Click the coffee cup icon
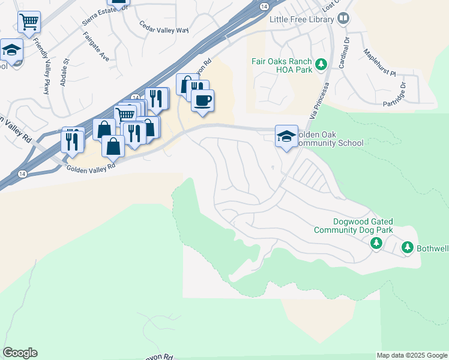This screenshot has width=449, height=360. tap(203, 100)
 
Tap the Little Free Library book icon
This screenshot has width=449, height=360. tap(343, 19)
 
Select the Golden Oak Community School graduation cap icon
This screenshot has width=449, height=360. tap(286, 136)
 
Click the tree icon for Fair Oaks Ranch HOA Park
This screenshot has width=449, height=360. tap(321, 63)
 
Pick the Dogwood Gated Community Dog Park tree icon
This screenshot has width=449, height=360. tap(376, 243)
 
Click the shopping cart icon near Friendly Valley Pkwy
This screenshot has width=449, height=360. tap(29, 22)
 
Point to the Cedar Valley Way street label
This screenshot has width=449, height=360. tap(163, 27)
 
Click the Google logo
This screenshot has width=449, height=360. tap(20, 353)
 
